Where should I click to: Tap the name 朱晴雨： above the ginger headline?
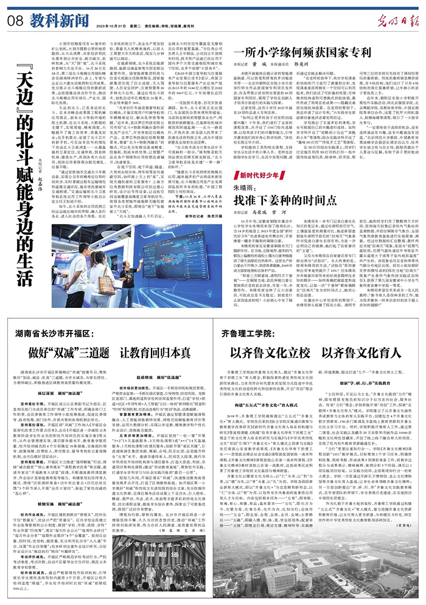tap(247, 186)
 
